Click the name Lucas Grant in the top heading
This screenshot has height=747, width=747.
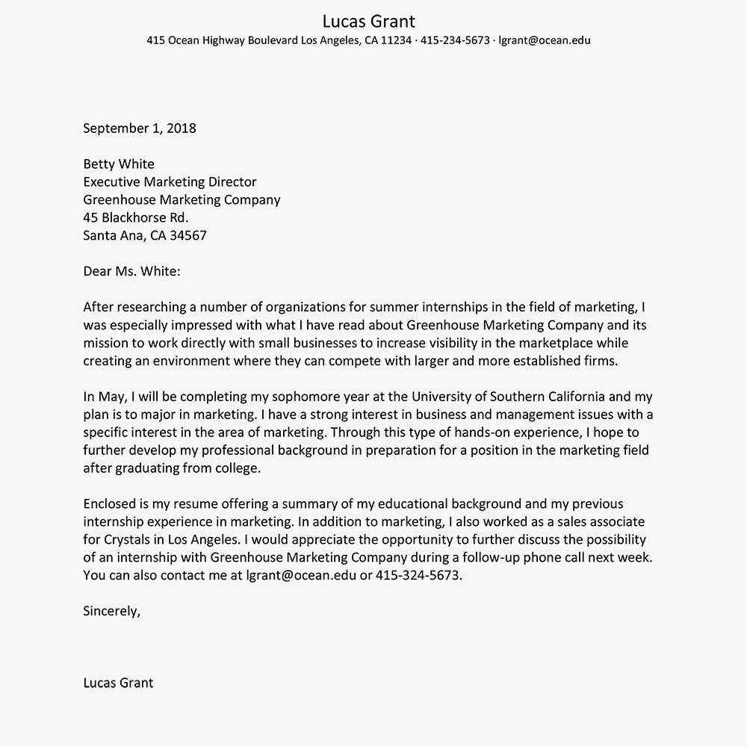point(368,21)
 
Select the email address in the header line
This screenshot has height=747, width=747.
point(544,40)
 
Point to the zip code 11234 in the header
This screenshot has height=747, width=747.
point(396,40)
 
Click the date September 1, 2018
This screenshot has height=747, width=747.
point(140,128)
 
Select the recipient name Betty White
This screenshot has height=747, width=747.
point(119,164)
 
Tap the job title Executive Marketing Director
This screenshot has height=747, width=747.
point(170,182)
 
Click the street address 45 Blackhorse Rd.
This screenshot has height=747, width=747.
point(135,218)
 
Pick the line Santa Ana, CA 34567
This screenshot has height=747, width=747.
point(145,236)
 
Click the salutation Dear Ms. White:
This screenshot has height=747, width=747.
point(131,271)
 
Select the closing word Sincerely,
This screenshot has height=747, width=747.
point(111,611)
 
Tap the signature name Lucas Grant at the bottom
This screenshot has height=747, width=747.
point(118,683)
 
